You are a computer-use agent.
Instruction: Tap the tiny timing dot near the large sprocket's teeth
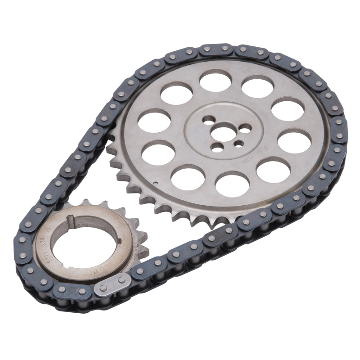point(155,183)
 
